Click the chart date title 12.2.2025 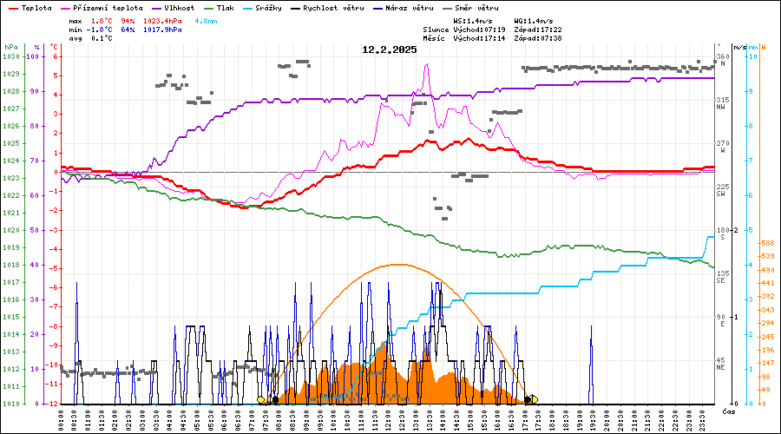pyautogui.click(x=390, y=49)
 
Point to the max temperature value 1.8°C pyautogui.click(x=102, y=20)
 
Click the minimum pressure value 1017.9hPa pyautogui.click(x=161, y=30)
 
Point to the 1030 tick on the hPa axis pyautogui.click(x=10, y=56)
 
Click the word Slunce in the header pyautogui.click(x=436, y=30)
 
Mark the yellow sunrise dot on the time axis pyautogui.click(x=261, y=400)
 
